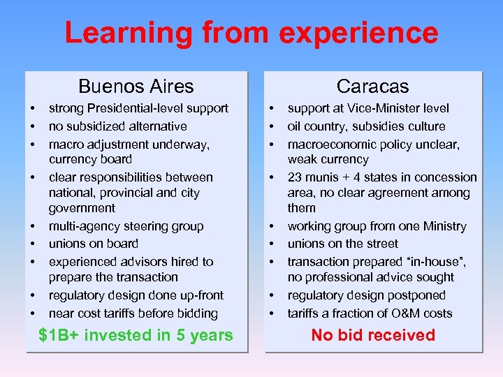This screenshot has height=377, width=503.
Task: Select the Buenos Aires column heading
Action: coord(136,87)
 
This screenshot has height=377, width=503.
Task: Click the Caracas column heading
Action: coord(372,87)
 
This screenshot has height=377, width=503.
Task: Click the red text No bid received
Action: coord(372,336)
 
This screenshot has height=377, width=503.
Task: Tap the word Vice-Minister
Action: coord(367,108)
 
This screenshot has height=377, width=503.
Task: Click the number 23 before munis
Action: coord(294,177)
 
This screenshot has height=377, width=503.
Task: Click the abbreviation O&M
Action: coord(406,313)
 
